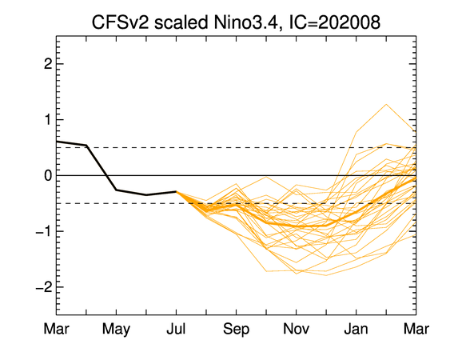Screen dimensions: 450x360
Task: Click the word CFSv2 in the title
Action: click(x=120, y=22)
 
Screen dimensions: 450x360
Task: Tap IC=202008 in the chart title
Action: click(x=334, y=22)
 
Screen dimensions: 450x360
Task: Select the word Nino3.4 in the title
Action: click(x=245, y=22)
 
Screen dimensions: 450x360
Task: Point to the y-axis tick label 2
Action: click(x=48, y=64)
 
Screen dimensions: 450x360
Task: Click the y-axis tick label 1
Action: click(x=48, y=119)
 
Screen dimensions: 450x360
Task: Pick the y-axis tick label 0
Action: click(x=48, y=175)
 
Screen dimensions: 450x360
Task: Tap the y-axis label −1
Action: click(x=44, y=231)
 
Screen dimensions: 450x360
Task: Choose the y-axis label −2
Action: click(x=44, y=286)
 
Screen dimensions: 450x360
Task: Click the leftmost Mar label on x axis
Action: click(x=56, y=329)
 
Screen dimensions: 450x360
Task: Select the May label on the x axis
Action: click(x=116, y=330)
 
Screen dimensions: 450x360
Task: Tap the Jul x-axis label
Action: click(x=176, y=329)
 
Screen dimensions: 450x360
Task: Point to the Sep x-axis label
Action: click(x=237, y=330)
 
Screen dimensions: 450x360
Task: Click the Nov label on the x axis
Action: click(x=297, y=329)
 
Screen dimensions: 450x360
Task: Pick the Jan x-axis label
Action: click(x=356, y=329)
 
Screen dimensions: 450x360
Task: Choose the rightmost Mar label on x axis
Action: click(x=416, y=329)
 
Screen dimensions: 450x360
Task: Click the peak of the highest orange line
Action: click(x=386, y=104)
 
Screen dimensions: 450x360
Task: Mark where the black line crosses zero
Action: click(x=107, y=175)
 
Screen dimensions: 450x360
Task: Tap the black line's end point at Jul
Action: click(x=176, y=191)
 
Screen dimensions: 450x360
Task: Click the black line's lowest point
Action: click(x=146, y=195)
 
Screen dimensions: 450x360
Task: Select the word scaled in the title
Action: click(x=181, y=22)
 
